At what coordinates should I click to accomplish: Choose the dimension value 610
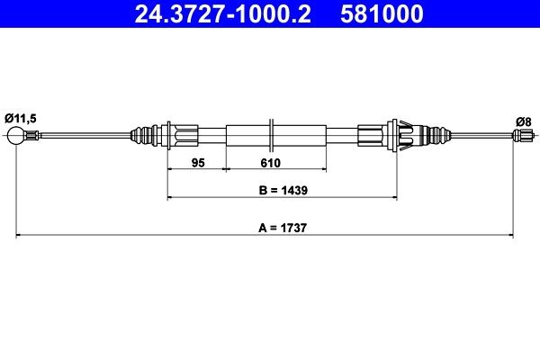pos(271,163)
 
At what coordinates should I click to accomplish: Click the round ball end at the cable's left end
pos(15,136)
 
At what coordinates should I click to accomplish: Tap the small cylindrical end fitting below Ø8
pos(519,136)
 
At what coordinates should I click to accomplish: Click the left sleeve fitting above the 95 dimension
pos(184,136)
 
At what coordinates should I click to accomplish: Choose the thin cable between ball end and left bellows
pos(81,136)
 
